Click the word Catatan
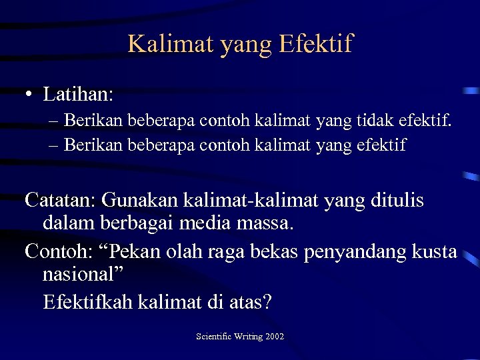click(59, 199)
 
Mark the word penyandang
click(353, 251)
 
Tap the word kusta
click(434, 251)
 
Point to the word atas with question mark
click(250, 302)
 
